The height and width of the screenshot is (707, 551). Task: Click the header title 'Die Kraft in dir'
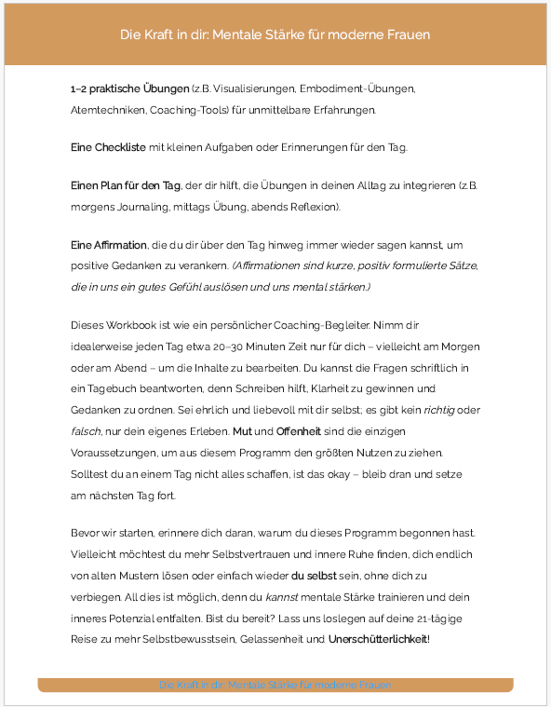click(x=275, y=34)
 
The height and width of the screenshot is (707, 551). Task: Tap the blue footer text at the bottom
click(x=275, y=685)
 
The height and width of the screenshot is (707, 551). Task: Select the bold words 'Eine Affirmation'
click(x=108, y=245)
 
